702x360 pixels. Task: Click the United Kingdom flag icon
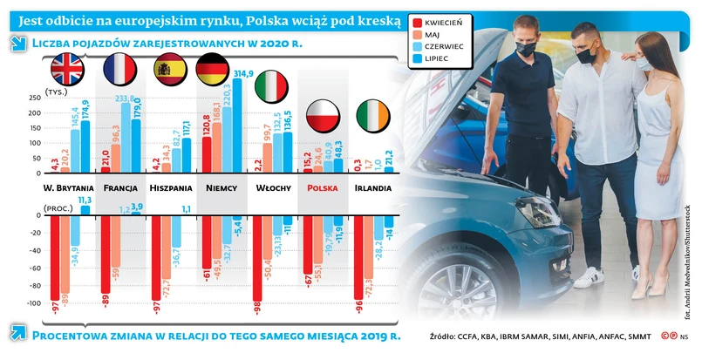click(66, 68)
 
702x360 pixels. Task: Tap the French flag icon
click(119, 68)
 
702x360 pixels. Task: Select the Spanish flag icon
click(168, 68)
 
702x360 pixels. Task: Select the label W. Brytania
click(68, 187)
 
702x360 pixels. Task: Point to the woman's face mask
click(644, 63)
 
